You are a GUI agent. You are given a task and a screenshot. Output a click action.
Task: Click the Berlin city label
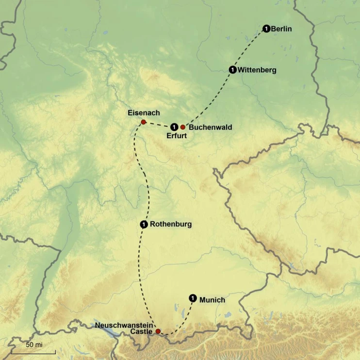[281, 29]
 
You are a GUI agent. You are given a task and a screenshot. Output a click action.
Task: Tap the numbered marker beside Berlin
[266, 29]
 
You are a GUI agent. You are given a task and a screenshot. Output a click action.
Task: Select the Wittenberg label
[257, 70]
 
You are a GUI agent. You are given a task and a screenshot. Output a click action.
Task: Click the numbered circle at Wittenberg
[233, 70]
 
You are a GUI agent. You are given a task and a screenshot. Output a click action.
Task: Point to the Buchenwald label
[210, 128]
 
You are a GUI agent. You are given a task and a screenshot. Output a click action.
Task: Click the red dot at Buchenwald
[183, 127]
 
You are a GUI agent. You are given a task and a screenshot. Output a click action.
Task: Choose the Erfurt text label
[177, 136]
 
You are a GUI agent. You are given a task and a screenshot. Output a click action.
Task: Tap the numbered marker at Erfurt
[174, 127]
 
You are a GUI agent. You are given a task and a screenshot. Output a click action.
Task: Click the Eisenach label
[144, 113]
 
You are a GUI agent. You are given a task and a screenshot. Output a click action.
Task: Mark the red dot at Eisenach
[143, 122]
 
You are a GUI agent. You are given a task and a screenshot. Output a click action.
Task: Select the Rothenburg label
[171, 224]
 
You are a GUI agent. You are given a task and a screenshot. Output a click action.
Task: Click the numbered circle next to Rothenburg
[144, 224]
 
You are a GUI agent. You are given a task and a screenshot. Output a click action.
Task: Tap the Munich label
[212, 300]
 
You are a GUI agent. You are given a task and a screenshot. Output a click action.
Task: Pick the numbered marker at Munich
[193, 298]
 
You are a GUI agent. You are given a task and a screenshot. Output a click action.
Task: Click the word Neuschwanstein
[125, 325]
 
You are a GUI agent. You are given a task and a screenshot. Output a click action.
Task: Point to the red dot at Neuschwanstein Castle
[158, 331]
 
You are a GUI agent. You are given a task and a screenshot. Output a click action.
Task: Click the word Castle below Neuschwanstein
[141, 331]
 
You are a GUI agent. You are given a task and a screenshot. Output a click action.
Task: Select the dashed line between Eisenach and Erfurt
[158, 124]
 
